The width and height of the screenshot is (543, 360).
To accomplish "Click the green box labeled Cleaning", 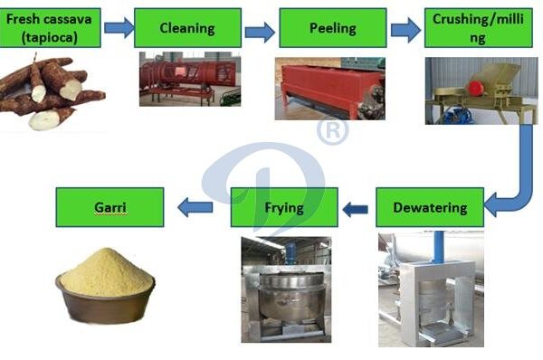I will click(x=187, y=28).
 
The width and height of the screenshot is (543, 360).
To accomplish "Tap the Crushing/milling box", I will click(x=477, y=28).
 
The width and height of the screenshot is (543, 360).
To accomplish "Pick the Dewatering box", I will click(x=430, y=207).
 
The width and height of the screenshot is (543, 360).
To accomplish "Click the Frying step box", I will click(x=285, y=207).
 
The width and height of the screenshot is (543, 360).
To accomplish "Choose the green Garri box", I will click(x=110, y=207).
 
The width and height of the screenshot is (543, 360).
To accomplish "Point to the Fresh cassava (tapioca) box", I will click(x=51, y=28).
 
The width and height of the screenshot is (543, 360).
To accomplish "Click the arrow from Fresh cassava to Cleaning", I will click(x=119, y=28).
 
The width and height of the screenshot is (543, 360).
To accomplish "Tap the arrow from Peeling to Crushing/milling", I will click(x=405, y=30).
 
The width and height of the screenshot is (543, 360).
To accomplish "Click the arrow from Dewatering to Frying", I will click(x=356, y=209).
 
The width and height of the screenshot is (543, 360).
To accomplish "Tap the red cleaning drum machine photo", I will click(x=189, y=79).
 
